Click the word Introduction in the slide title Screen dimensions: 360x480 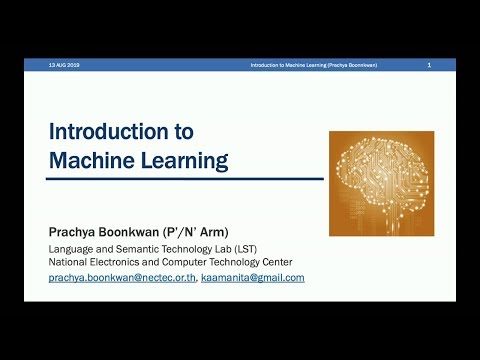(x=108, y=131)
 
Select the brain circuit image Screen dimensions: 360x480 (x=381, y=183)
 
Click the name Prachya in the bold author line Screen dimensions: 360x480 (x=77, y=232)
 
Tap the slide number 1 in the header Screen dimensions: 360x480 (x=428, y=65)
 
